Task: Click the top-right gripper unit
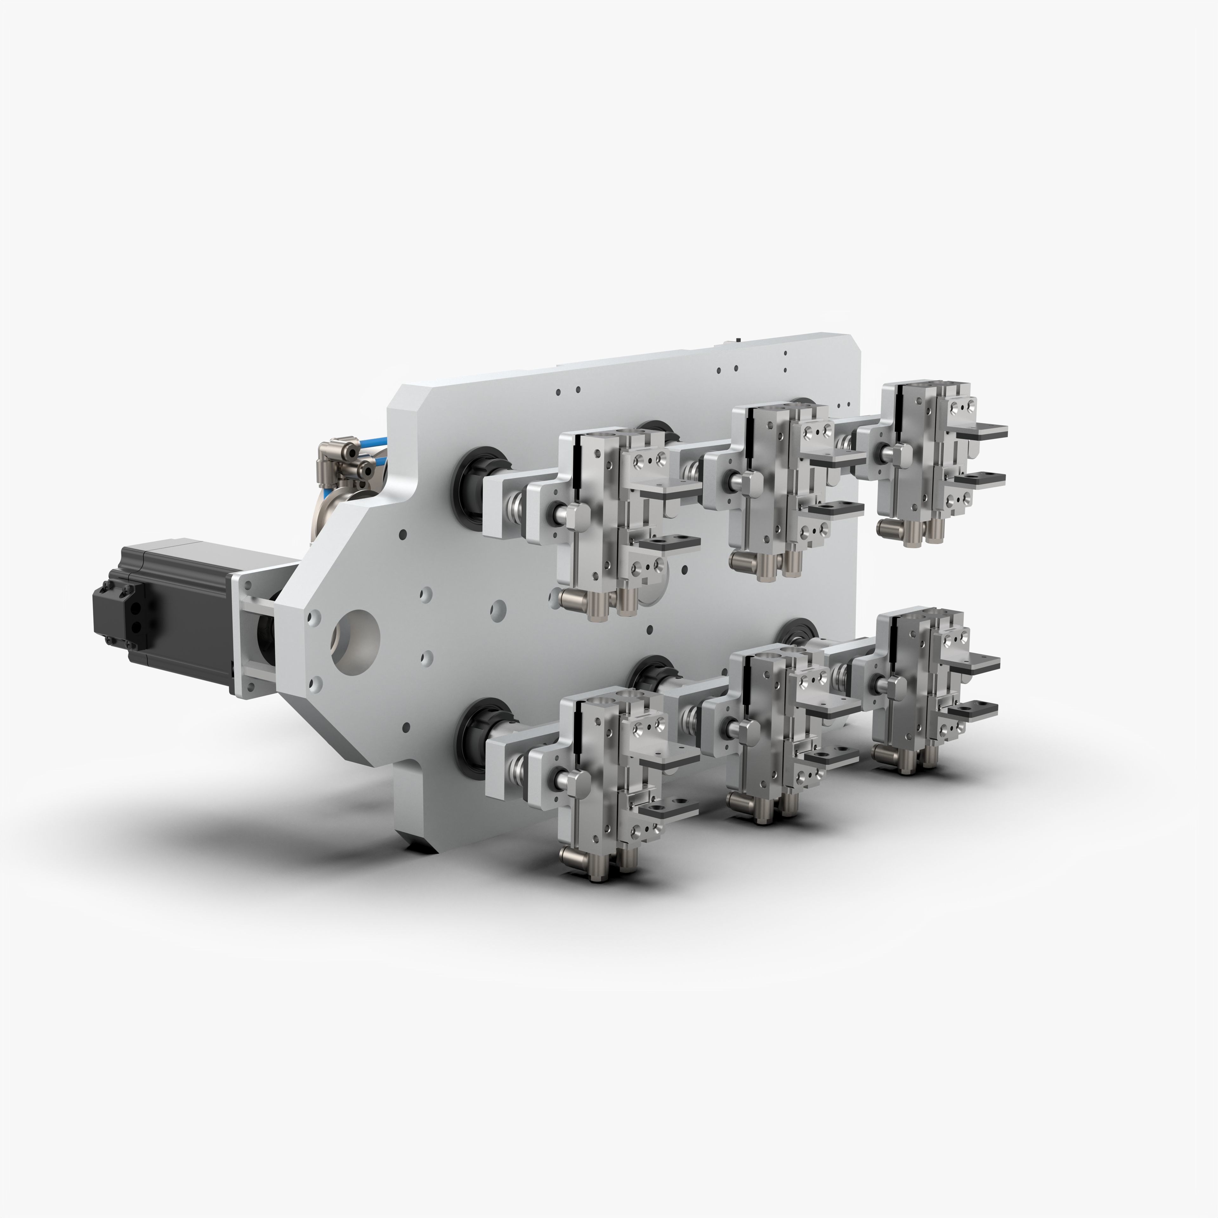(927, 460)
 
